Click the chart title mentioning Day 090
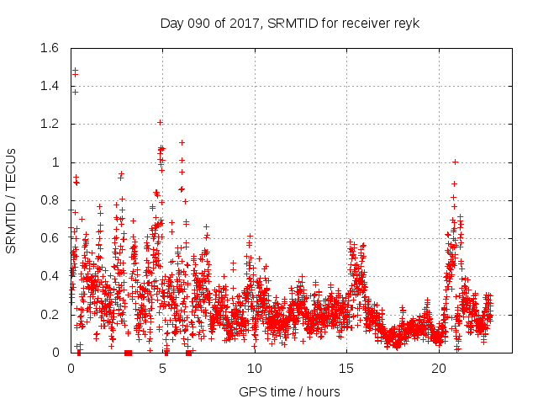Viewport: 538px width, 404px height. coord(289,22)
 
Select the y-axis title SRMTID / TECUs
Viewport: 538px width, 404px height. coord(12,200)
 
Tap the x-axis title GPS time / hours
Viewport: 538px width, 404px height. coord(289,391)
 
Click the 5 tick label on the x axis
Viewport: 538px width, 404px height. coord(163,369)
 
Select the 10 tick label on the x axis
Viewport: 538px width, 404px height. coord(255,369)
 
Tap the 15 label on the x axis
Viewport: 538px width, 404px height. coord(346,369)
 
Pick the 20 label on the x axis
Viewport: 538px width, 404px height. coord(439,369)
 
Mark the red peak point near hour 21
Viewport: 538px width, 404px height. coord(455,162)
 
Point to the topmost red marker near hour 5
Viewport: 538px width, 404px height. coord(160,122)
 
